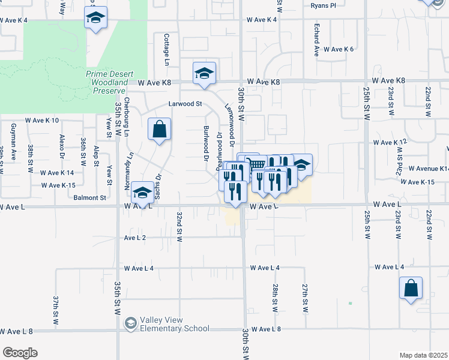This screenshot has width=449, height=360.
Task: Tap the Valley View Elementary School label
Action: pyautogui.click(x=175, y=325)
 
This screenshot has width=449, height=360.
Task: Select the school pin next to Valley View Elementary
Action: pyautogui.click(x=130, y=325)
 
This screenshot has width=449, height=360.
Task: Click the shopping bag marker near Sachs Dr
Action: pyautogui.click(x=159, y=130)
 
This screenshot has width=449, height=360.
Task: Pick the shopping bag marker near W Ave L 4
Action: pyautogui.click(x=411, y=289)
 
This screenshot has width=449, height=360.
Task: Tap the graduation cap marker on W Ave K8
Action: pyautogui.click(x=204, y=74)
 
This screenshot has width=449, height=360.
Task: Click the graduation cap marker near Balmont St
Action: pyautogui.click(x=142, y=193)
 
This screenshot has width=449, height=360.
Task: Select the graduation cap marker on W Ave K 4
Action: pyautogui.click(x=95, y=19)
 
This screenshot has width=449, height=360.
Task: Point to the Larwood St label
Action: pyautogui.click(x=185, y=103)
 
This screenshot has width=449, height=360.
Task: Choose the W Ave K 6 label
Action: pyautogui.click(x=339, y=49)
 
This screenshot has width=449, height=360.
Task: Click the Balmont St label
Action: pyautogui.click(x=90, y=197)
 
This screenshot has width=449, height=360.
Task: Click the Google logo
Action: pyautogui.click(x=19, y=353)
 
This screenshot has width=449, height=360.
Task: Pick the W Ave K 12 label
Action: pyautogui.click(x=390, y=142)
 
